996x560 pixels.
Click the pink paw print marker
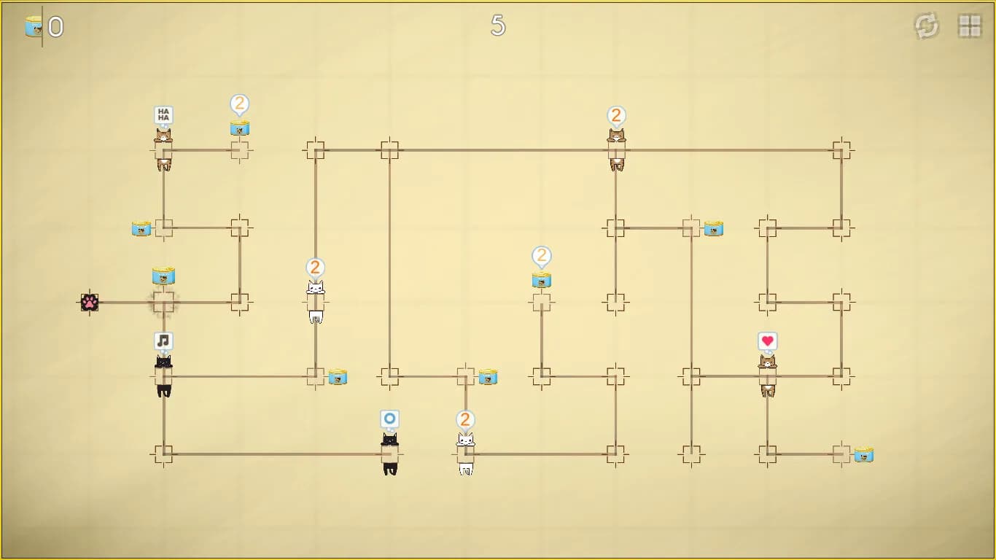pyautogui.click(x=90, y=303)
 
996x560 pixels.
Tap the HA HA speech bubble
pyautogui.click(x=163, y=114)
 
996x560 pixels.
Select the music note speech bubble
pyautogui.click(x=163, y=341)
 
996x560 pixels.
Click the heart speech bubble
pyautogui.click(x=768, y=341)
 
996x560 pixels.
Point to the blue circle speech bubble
pyautogui.click(x=389, y=419)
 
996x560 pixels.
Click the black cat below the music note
pyautogui.click(x=163, y=376)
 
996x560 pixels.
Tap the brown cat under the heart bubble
pyautogui.click(x=768, y=376)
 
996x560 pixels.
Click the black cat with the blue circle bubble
pyautogui.click(x=390, y=454)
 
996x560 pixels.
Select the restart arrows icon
pyautogui.click(x=927, y=26)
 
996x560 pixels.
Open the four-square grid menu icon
pyautogui.click(x=970, y=26)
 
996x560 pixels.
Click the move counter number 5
pyautogui.click(x=498, y=26)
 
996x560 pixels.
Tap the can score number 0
pyautogui.click(x=56, y=27)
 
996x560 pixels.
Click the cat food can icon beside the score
pyautogui.click(x=34, y=26)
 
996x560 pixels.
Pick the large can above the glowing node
pyautogui.click(x=163, y=276)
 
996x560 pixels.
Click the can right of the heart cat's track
pyautogui.click(x=863, y=454)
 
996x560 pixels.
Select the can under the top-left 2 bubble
pyautogui.click(x=240, y=128)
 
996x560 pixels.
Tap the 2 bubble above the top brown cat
pyautogui.click(x=616, y=116)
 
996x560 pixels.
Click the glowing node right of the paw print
pyautogui.click(x=163, y=303)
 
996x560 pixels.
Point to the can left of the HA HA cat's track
pyautogui.click(x=141, y=229)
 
